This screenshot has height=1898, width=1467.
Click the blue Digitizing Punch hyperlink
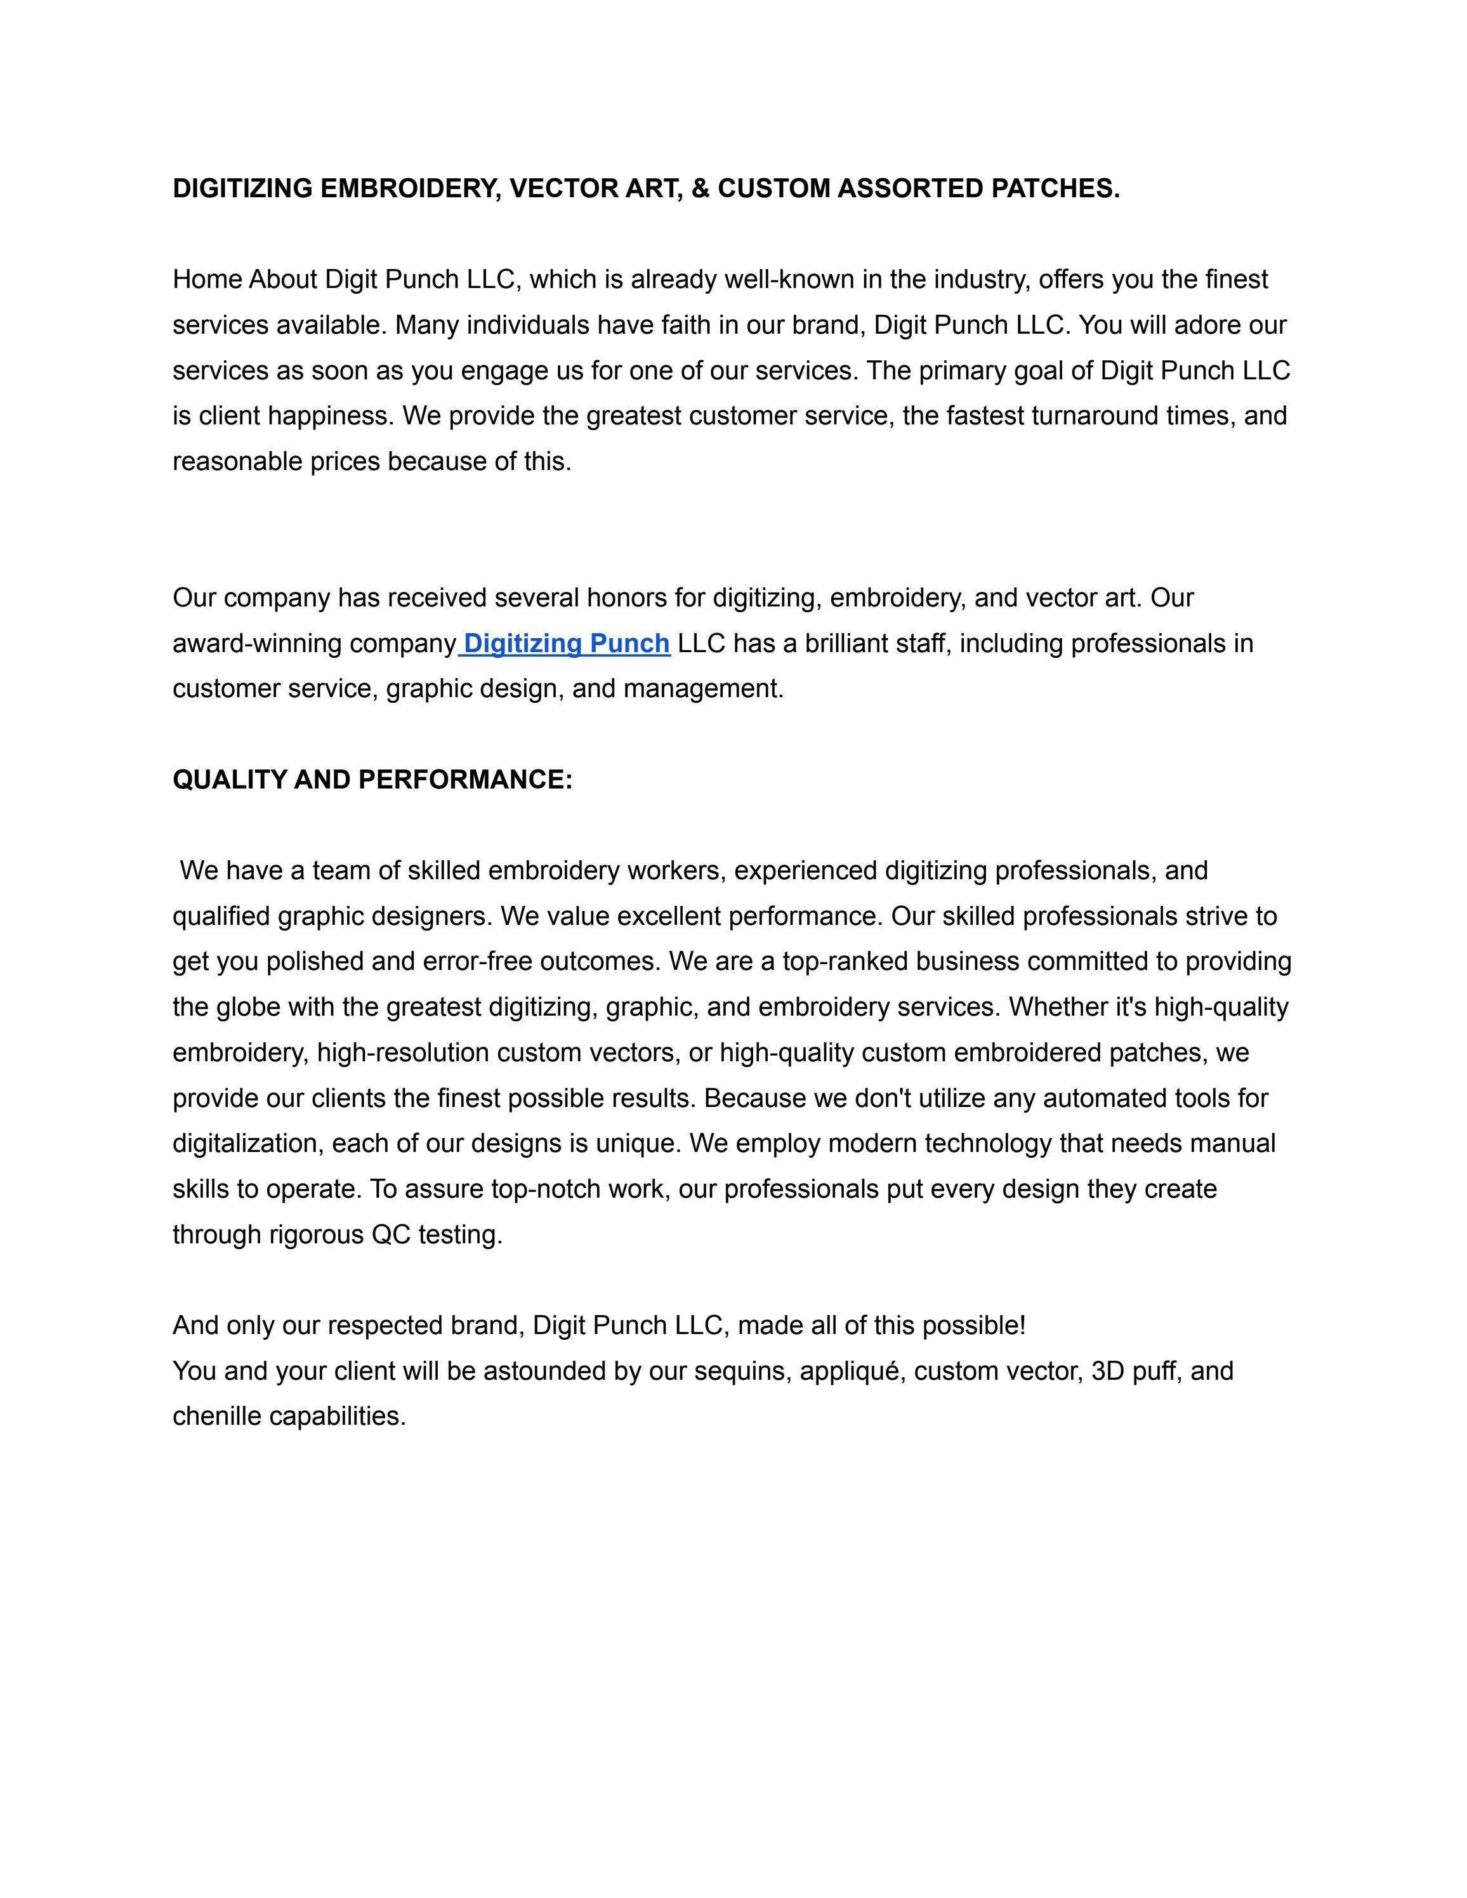(567, 643)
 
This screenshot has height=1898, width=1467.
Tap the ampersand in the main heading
(701, 188)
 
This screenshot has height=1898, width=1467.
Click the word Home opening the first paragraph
(207, 280)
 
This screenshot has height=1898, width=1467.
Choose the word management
(703, 689)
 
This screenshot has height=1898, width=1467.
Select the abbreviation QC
(390, 1235)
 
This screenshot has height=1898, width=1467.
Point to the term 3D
(1108, 1371)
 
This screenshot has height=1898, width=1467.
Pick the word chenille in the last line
(216, 1417)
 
